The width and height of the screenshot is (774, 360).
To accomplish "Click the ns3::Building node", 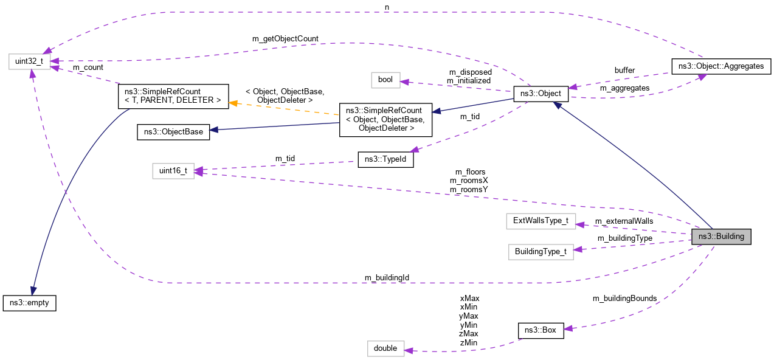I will point(721,237).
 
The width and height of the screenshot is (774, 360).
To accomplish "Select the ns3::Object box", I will point(541,94).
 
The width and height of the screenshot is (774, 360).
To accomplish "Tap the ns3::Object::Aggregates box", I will point(720,66).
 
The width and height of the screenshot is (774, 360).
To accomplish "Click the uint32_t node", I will point(29,61).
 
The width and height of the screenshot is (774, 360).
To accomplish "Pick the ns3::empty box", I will point(29,303).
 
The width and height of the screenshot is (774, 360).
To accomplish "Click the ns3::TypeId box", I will point(385,159).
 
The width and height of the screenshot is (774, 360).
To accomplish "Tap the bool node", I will point(385,80).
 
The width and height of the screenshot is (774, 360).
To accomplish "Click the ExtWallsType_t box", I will point(541,221).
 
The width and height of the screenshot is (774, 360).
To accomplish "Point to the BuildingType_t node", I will point(541,251).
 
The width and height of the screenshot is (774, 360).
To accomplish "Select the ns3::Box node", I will point(541,331).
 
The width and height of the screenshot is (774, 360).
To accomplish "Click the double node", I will point(385,348).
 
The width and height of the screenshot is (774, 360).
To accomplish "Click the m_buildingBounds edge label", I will point(624,298).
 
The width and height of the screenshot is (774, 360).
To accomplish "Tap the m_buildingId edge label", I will point(387,277).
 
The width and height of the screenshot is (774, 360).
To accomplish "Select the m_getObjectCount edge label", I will point(285,38).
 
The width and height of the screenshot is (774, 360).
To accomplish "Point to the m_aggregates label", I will point(624,88).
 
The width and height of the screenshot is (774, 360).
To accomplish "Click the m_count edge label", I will point(88,67).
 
